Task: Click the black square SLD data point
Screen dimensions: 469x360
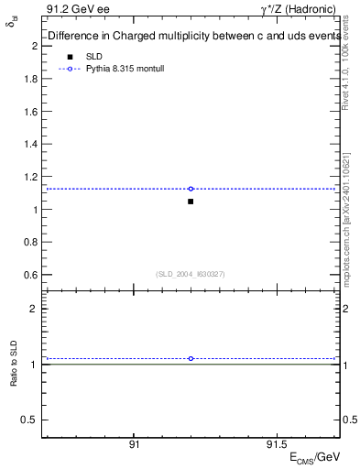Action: pos(191,201)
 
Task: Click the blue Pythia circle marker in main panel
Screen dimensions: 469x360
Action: pos(191,189)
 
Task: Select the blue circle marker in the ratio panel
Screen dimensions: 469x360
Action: pos(191,358)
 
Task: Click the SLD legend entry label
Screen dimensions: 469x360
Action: pos(94,57)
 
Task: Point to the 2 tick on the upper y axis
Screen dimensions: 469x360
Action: pos(34,45)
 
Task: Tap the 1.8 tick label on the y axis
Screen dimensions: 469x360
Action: pos(30,78)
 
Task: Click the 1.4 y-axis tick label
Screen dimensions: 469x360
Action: pos(30,144)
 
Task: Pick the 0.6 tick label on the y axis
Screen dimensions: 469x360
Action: pos(30,275)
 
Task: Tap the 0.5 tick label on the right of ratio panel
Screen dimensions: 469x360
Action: pos(347,420)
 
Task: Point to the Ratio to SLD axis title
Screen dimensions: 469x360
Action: pos(14,365)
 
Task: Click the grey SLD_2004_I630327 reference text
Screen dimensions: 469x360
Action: pos(191,274)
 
